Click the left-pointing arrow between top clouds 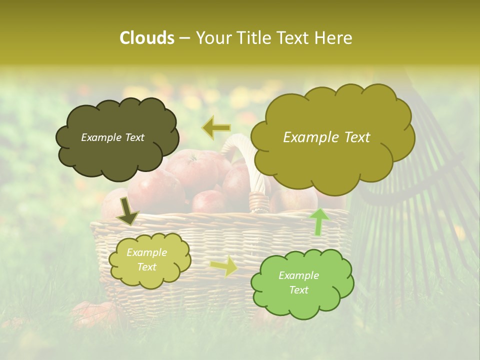point(216,128)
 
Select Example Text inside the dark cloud point(112,137)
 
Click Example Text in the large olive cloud point(326,137)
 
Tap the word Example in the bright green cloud point(298,275)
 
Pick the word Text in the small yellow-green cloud point(146,267)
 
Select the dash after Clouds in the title point(184,38)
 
